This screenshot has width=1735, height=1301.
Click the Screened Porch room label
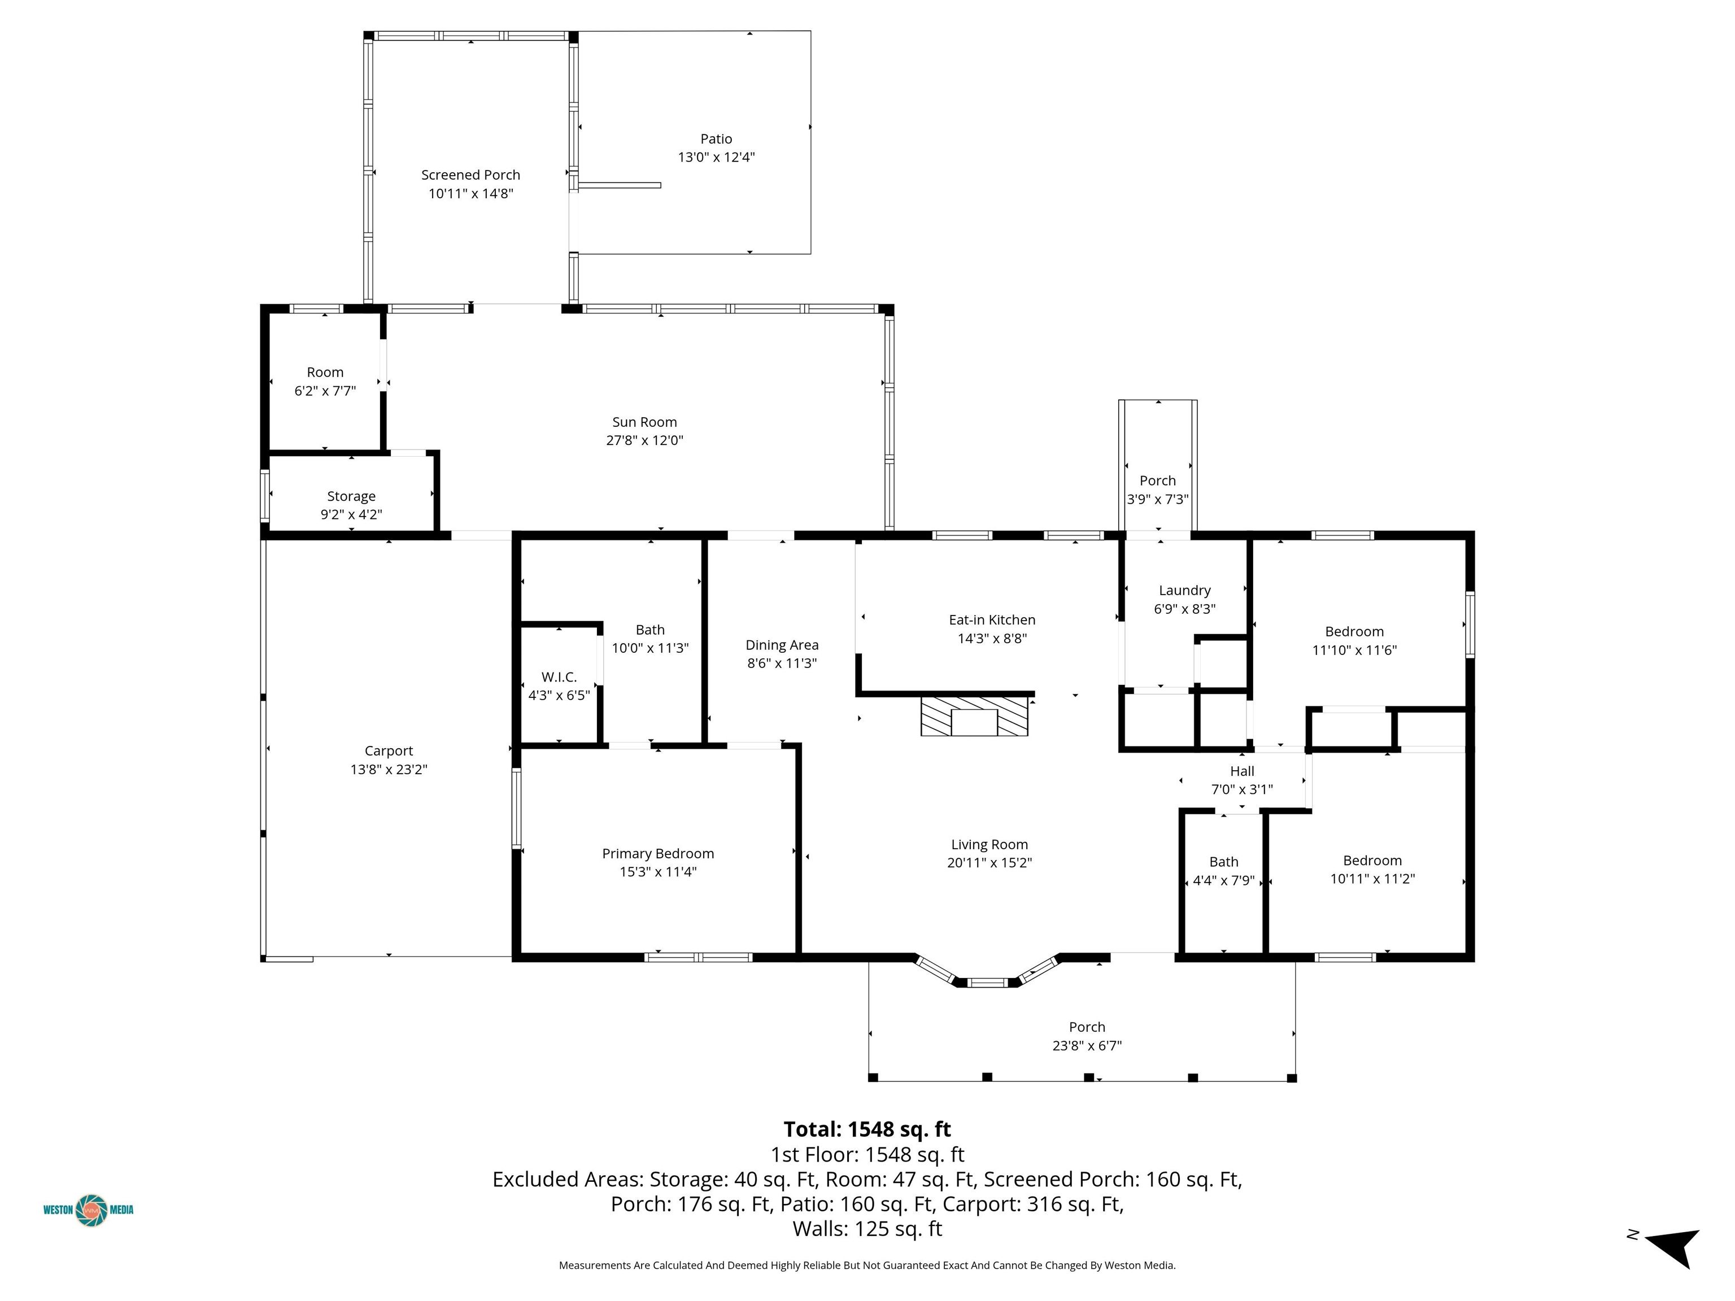pyautogui.click(x=470, y=175)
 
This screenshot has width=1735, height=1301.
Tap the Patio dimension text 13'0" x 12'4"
pyautogui.click(x=716, y=157)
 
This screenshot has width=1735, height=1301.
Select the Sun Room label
pyautogui.click(x=645, y=422)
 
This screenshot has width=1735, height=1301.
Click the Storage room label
pyautogui.click(x=351, y=496)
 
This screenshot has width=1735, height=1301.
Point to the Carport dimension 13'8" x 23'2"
pyautogui.click(x=389, y=769)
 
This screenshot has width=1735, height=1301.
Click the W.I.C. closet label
pyautogui.click(x=559, y=677)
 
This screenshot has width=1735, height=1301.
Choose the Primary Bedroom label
pyautogui.click(x=658, y=853)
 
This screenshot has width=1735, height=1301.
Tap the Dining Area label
pyautogui.click(x=782, y=645)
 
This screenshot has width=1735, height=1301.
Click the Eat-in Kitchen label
pyautogui.click(x=992, y=619)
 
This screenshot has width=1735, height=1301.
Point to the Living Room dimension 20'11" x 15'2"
pyautogui.click(x=990, y=863)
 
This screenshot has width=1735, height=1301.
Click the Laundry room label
pyautogui.click(x=1185, y=591)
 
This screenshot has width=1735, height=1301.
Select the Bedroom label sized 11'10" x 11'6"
pyautogui.click(x=1354, y=631)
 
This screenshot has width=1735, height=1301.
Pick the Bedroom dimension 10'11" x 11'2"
pyautogui.click(x=1372, y=879)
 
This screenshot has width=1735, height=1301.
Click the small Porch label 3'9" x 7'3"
pyautogui.click(x=1158, y=481)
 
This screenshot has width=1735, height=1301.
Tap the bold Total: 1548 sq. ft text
pyautogui.click(x=867, y=1129)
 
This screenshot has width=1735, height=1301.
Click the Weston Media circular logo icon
pyautogui.click(x=91, y=1210)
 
